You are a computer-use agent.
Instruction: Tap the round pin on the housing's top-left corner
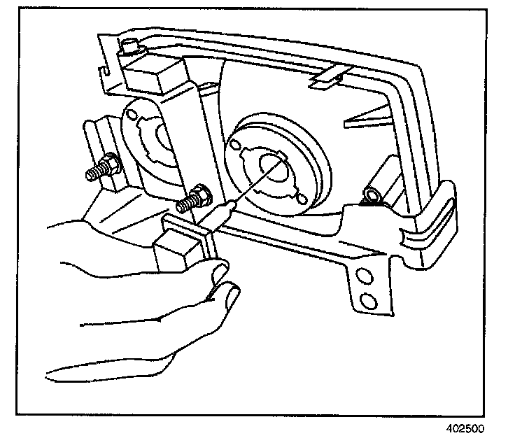coord(130,48)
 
